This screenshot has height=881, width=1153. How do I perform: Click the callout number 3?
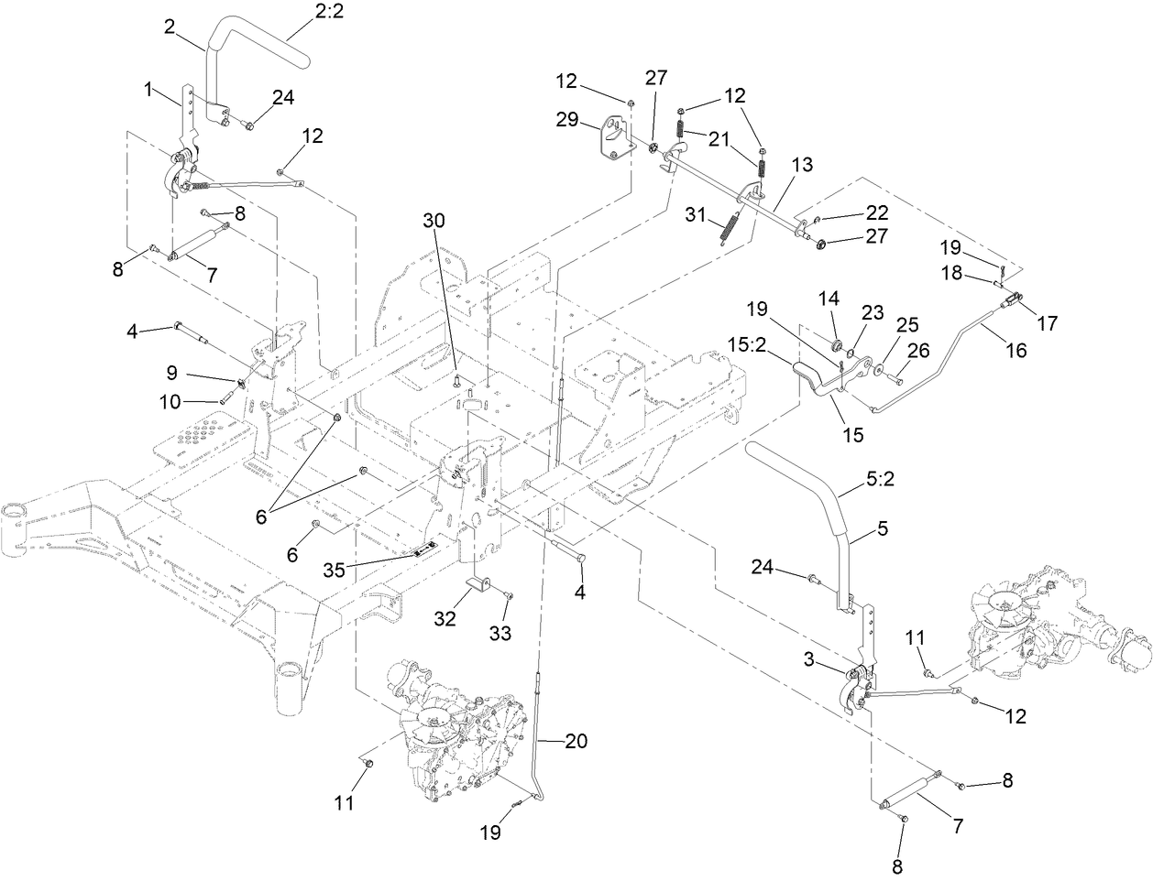[x=809, y=658]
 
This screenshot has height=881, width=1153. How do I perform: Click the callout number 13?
[x=802, y=165]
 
